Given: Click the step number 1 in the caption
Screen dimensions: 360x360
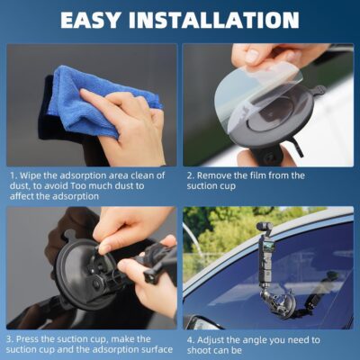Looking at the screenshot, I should tap(13, 175).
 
